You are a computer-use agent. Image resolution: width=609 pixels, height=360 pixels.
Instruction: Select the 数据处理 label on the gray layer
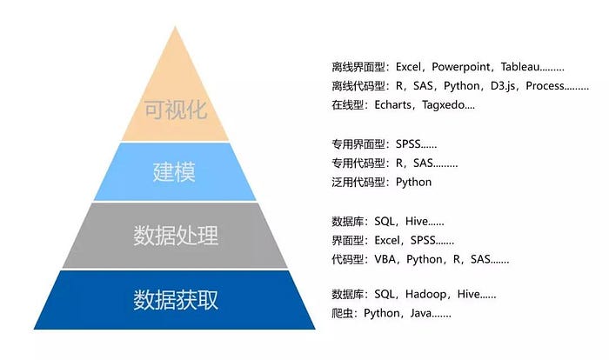coord(176,236)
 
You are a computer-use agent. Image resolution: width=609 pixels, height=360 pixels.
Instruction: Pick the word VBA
coord(384,259)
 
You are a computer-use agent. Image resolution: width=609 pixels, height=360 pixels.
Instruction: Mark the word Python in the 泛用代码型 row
coord(413,182)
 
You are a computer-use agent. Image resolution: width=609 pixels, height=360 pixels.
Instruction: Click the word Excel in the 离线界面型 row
coord(407,66)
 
